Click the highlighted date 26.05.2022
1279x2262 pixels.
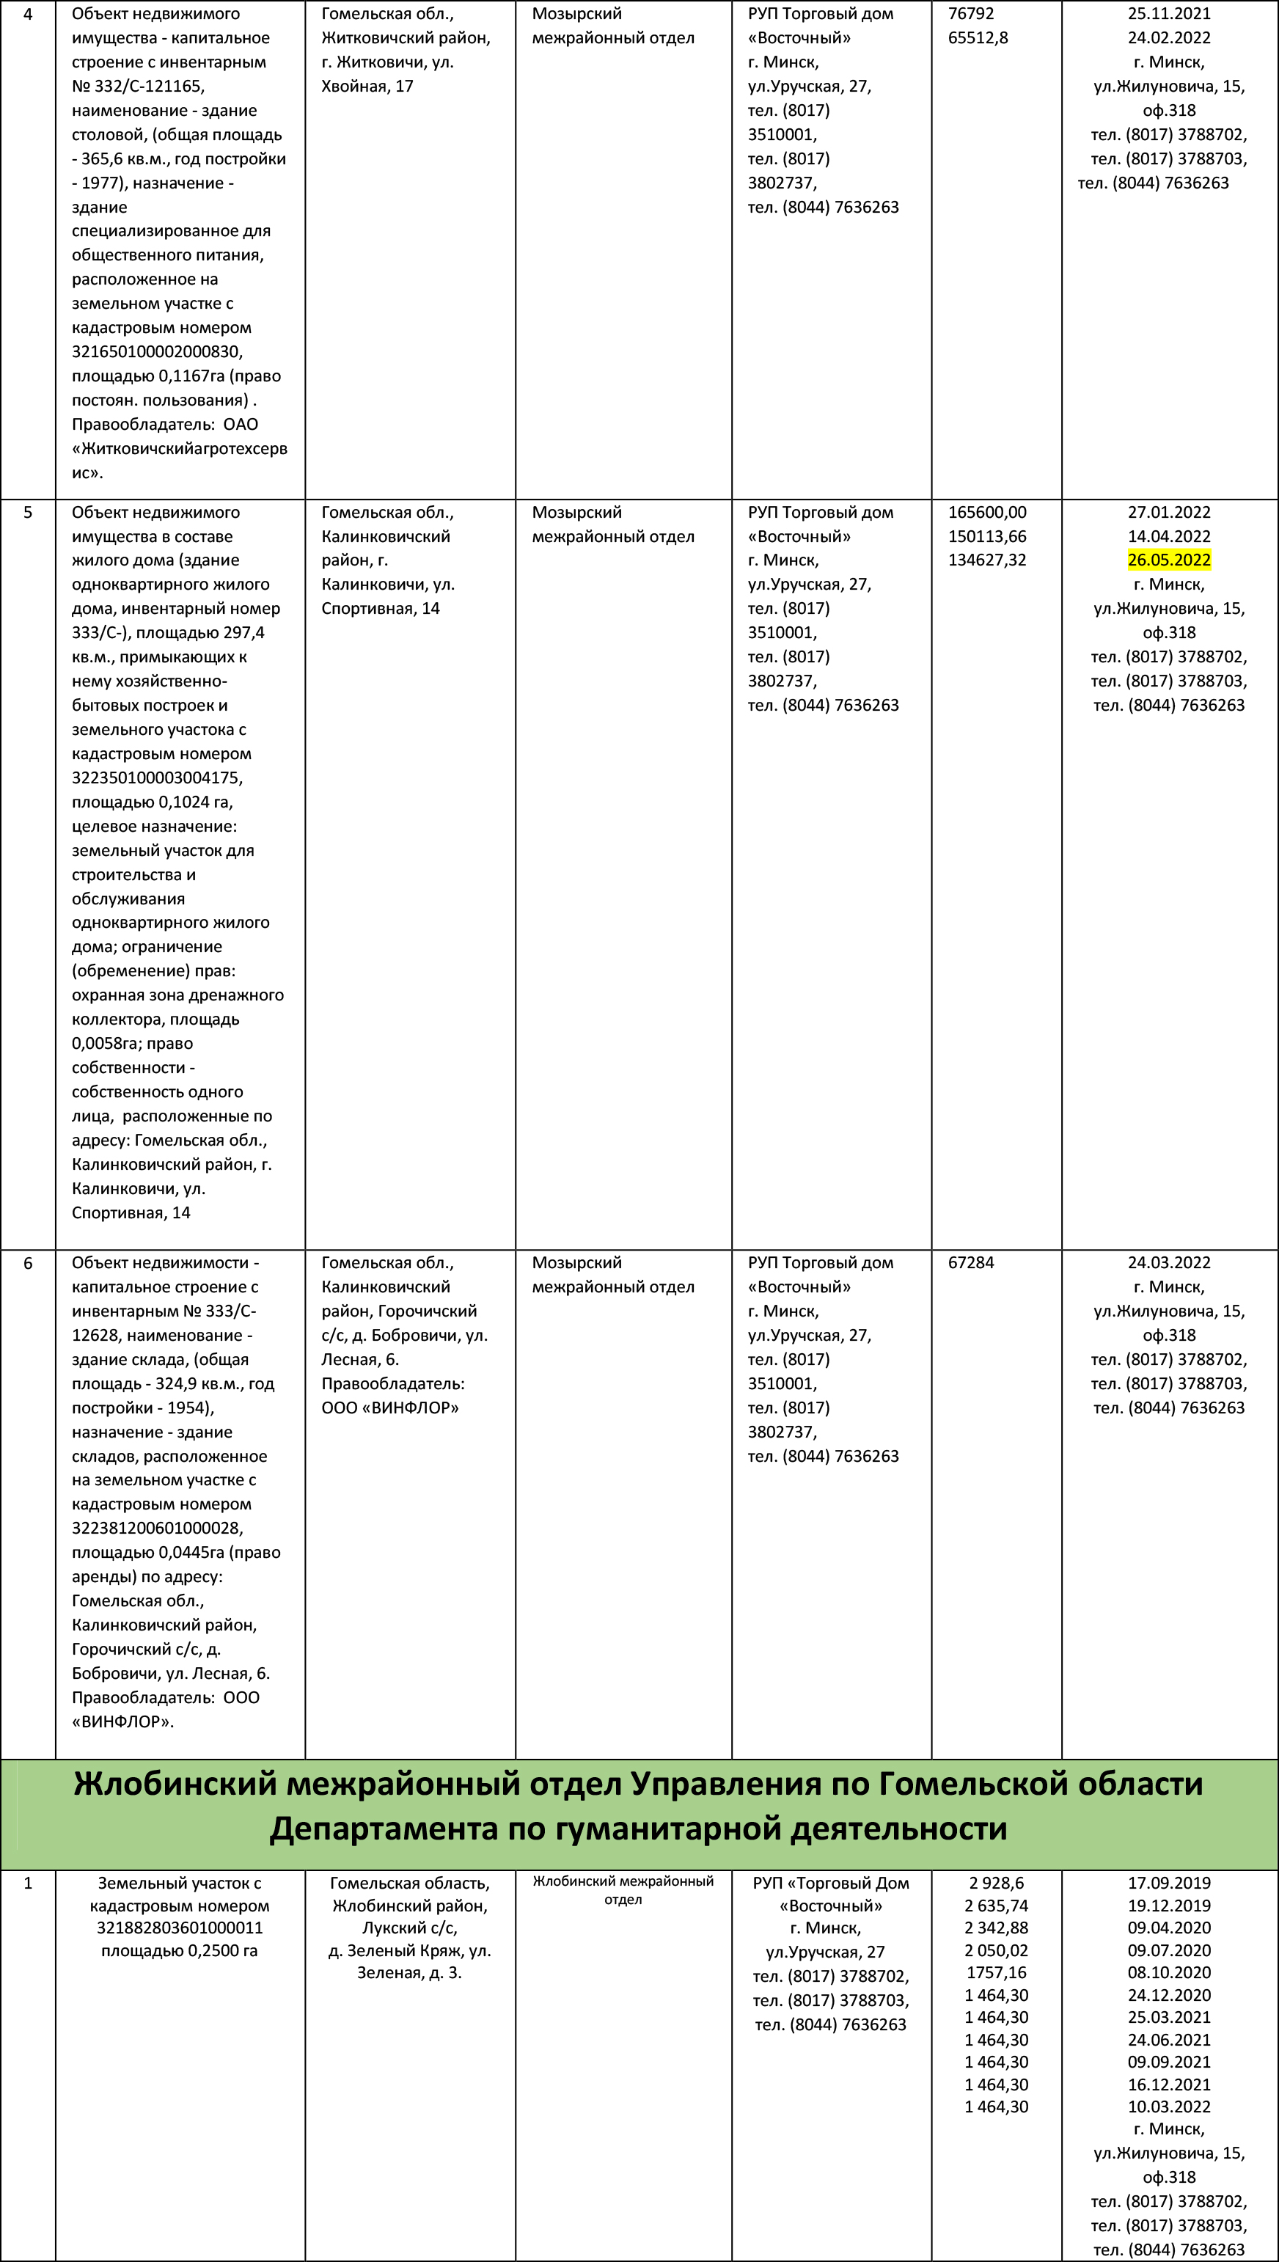tap(1168, 560)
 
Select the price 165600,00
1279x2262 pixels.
tap(986, 512)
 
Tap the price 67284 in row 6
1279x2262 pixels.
tap(971, 1262)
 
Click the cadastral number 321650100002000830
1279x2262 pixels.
tap(157, 351)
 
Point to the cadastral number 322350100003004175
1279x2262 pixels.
tap(157, 777)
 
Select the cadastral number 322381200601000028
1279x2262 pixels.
tap(157, 1528)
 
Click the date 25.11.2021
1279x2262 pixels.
tap(1168, 14)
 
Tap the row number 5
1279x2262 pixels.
tap(27, 512)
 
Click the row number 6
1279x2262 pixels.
tap(27, 1262)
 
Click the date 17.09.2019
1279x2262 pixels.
tap(1168, 1883)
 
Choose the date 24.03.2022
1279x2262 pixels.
tap(1168, 1262)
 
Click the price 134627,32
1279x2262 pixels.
tap(986, 560)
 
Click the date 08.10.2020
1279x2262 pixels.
tap(1168, 1972)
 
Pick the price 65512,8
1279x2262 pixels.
tap(978, 37)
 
